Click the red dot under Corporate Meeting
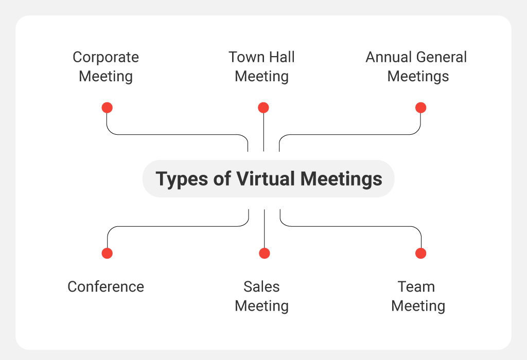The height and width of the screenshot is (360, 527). [x=107, y=108]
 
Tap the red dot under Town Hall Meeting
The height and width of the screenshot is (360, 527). [x=263, y=108]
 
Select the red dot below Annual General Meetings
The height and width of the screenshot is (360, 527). [x=421, y=108]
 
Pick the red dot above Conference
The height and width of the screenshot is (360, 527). [x=107, y=253]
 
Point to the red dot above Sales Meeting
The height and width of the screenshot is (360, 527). [x=265, y=253]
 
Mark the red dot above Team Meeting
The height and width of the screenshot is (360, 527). [x=421, y=253]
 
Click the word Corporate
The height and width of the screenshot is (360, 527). [x=106, y=58]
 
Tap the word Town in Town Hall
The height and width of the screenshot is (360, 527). [x=245, y=57]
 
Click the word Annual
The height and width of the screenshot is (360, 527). [x=385, y=57]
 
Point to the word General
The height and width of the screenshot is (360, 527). [x=438, y=57]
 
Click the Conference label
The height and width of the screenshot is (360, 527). [x=106, y=287]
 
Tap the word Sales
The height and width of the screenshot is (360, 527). [x=261, y=287]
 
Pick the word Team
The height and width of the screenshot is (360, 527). [x=416, y=287]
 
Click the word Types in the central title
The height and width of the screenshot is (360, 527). [x=182, y=179]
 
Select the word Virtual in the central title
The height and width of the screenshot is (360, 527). [x=266, y=178]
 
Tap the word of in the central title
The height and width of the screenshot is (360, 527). [x=222, y=178]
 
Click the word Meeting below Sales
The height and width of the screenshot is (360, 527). [x=261, y=307]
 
